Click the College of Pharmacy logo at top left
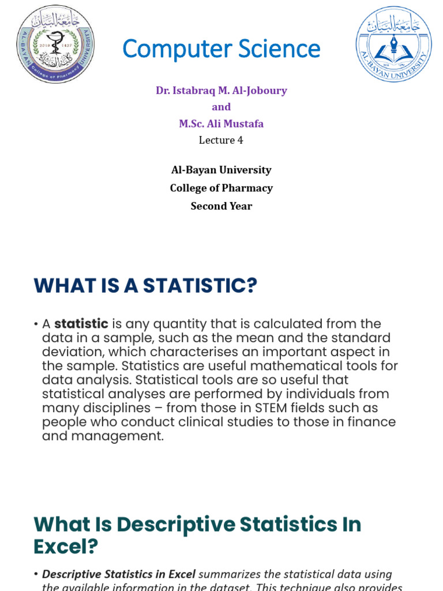pyautogui.click(x=55, y=44)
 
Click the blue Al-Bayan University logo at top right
pyautogui.click(x=393, y=44)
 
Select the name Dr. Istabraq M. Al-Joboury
pyautogui.click(x=221, y=91)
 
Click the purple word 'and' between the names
pyautogui.click(x=221, y=107)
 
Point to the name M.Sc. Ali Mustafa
pyautogui.click(x=221, y=124)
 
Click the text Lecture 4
pyautogui.click(x=217, y=140)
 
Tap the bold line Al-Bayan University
pyautogui.click(x=221, y=170)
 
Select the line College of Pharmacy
pyautogui.click(x=221, y=188)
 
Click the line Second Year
pyautogui.click(x=221, y=206)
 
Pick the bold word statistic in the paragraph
pyautogui.click(x=81, y=324)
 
